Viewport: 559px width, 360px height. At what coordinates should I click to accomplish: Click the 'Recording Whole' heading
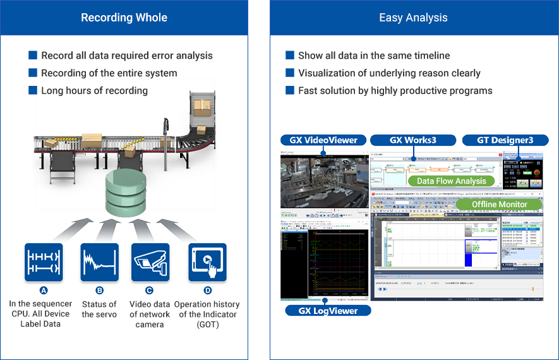[124, 18]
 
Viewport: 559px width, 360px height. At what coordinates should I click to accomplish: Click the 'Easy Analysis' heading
[413, 18]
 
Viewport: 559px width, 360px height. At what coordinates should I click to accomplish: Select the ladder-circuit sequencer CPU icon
[44, 262]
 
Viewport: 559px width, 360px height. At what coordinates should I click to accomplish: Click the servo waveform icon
[99, 262]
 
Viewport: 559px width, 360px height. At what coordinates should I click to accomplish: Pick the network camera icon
[150, 262]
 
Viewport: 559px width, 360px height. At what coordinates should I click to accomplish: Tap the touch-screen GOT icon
[207, 262]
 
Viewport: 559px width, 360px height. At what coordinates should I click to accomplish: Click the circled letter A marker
[44, 291]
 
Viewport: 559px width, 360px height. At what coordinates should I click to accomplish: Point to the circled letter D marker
[207, 291]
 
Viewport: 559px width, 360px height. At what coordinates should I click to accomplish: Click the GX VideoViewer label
[323, 140]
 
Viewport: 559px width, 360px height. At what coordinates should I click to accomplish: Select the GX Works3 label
[413, 140]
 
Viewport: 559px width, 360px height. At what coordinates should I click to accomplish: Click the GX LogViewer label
[328, 310]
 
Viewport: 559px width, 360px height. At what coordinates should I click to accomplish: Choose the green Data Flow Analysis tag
[451, 181]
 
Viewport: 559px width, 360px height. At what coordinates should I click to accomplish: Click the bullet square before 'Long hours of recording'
[33, 90]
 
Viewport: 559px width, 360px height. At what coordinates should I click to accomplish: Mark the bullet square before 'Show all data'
[290, 56]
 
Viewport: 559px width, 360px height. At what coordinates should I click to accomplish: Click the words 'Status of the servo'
[99, 309]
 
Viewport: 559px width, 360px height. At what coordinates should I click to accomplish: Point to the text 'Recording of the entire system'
[109, 73]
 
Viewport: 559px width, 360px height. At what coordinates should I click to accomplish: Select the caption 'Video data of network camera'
[150, 314]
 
